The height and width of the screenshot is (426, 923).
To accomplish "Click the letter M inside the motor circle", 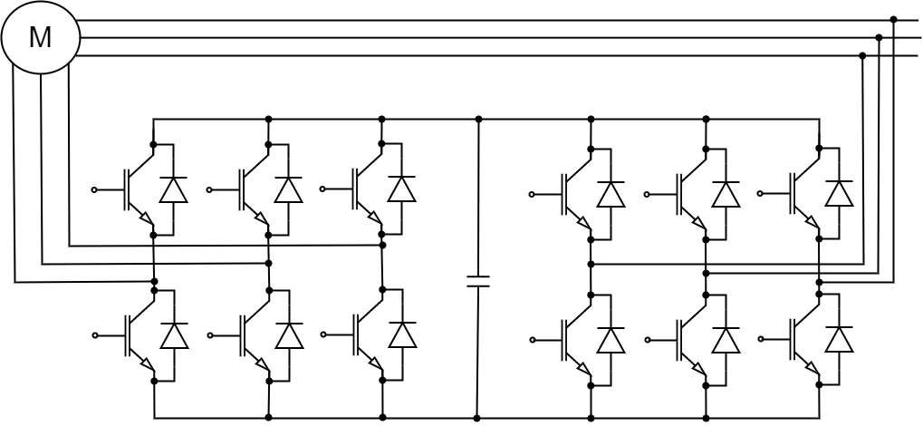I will [40, 37].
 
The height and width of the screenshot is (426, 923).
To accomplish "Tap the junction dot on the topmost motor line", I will [893, 19].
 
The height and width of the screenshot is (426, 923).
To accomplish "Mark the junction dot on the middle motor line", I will [879, 37].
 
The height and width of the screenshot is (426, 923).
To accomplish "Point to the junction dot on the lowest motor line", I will [862, 55].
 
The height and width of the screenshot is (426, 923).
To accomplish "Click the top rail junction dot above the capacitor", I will [478, 119].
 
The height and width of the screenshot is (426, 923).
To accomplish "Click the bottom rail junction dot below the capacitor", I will [477, 418].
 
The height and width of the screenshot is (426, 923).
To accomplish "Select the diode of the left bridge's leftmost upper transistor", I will [173, 189].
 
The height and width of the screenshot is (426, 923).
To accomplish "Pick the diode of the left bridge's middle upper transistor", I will [288, 189].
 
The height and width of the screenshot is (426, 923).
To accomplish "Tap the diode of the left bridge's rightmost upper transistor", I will [401, 189].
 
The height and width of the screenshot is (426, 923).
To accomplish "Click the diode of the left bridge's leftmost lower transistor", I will [173, 335].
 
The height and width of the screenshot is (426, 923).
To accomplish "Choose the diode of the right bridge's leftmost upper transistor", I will [611, 194].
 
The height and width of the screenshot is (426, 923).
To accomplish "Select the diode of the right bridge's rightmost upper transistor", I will [839, 193].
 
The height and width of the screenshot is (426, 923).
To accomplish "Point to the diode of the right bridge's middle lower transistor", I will [726, 340].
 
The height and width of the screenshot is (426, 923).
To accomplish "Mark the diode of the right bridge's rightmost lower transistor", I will [839, 339].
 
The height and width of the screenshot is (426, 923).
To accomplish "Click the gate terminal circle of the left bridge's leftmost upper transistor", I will [94, 189].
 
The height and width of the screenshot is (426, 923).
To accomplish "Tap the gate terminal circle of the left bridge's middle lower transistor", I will [209, 335].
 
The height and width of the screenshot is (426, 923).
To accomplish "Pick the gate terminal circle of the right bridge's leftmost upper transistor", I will [532, 194].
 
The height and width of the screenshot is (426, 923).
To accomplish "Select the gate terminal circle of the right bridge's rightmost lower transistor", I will [760, 339].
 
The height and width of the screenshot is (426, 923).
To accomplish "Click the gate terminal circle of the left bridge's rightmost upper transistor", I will [322, 189].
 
